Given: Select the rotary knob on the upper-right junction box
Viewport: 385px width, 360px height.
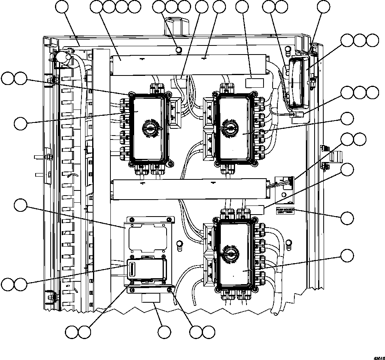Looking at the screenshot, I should point(229,128).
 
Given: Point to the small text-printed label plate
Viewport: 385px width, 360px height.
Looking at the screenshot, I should point(285,211).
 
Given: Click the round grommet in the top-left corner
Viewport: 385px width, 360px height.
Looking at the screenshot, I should point(63,58).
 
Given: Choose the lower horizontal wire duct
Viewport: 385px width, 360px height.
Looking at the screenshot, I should point(190,189).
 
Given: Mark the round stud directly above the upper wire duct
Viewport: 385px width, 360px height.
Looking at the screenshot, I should point(178,49).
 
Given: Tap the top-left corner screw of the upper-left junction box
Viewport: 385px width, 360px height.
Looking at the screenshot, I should point(130,95).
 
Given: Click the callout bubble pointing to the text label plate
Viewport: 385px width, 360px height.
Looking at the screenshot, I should point(347,218).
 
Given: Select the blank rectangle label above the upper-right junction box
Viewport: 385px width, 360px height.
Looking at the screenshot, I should point(255,83).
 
